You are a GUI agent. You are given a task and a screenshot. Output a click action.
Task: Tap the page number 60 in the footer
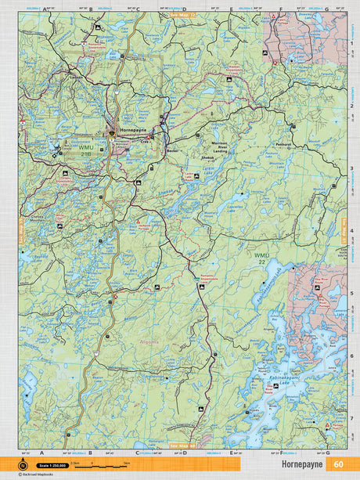click(x=337, y=464)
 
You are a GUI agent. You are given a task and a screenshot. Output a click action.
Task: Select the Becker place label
click(x=173, y=150)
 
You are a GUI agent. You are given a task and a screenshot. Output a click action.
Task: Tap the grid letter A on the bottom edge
click(x=41, y=453)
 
